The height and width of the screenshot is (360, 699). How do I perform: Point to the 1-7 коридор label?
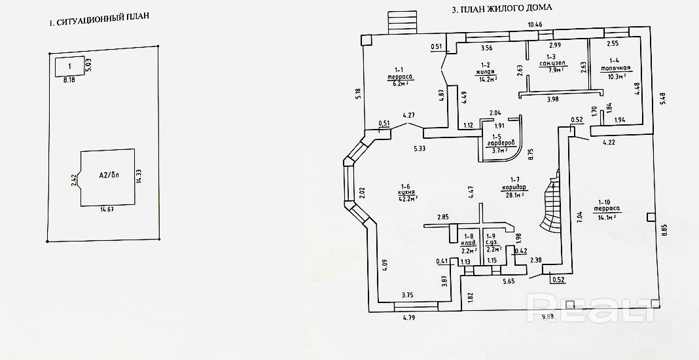click(514, 187)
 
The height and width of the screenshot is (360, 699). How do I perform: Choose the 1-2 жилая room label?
click(486, 71)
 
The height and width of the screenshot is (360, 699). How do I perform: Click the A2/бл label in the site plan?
click(109, 175)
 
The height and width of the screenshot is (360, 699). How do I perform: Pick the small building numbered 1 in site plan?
click(70, 66)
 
